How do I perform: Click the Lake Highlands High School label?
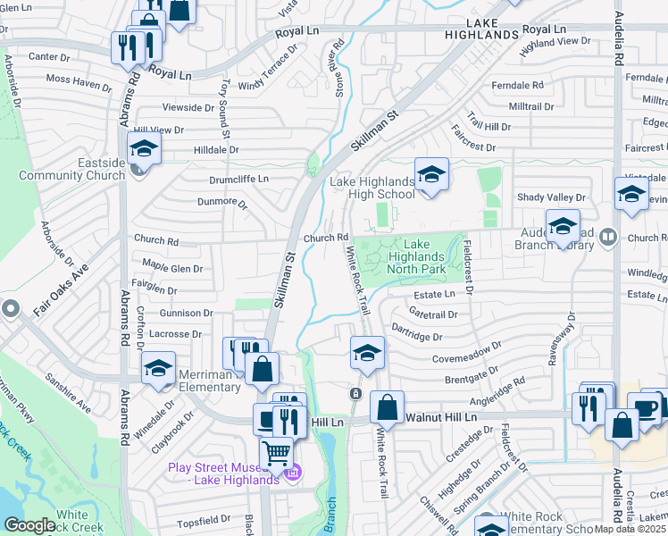pyautogui.click(x=372, y=188)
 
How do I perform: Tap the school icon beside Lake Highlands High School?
pyautogui.click(x=430, y=176)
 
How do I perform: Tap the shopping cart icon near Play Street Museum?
pyautogui.click(x=277, y=453)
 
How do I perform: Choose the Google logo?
pyautogui.click(x=29, y=524)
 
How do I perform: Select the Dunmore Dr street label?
pyautogui.click(x=221, y=202)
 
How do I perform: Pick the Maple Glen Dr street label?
pyautogui.click(x=172, y=268)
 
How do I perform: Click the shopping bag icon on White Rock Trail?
pyautogui.click(x=387, y=407)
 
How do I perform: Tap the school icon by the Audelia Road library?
pyautogui.click(x=563, y=227)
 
